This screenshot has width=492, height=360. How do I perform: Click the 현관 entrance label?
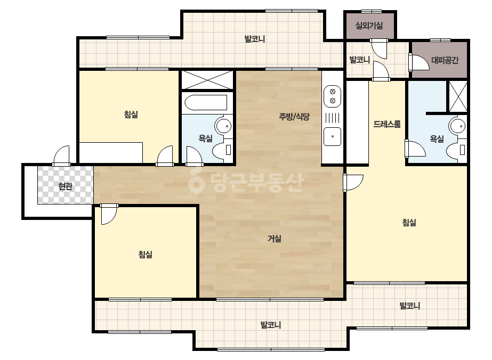click(x=65, y=186)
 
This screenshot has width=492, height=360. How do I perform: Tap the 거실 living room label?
click(x=274, y=239)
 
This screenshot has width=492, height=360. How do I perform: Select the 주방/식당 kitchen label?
click(x=294, y=117)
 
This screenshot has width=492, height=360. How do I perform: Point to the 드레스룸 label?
click(x=387, y=124)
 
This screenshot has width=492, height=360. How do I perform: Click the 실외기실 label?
click(x=369, y=26)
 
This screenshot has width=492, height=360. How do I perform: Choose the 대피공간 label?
click(x=445, y=60)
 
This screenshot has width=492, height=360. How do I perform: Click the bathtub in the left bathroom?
click(x=206, y=103)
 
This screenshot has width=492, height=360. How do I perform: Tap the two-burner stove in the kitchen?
click(x=333, y=96)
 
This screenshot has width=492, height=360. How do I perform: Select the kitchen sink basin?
click(x=332, y=136)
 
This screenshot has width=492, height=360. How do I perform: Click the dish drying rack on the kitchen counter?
click(x=332, y=118)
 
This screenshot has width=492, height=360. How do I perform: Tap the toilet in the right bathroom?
click(x=456, y=150)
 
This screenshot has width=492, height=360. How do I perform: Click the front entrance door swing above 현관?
click(x=61, y=156)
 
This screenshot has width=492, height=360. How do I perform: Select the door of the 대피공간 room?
click(x=419, y=62)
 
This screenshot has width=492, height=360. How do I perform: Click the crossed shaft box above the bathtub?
click(x=207, y=80)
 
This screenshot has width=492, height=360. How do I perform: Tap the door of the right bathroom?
click(x=415, y=149)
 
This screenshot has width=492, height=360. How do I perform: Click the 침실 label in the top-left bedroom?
click(x=131, y=114)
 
